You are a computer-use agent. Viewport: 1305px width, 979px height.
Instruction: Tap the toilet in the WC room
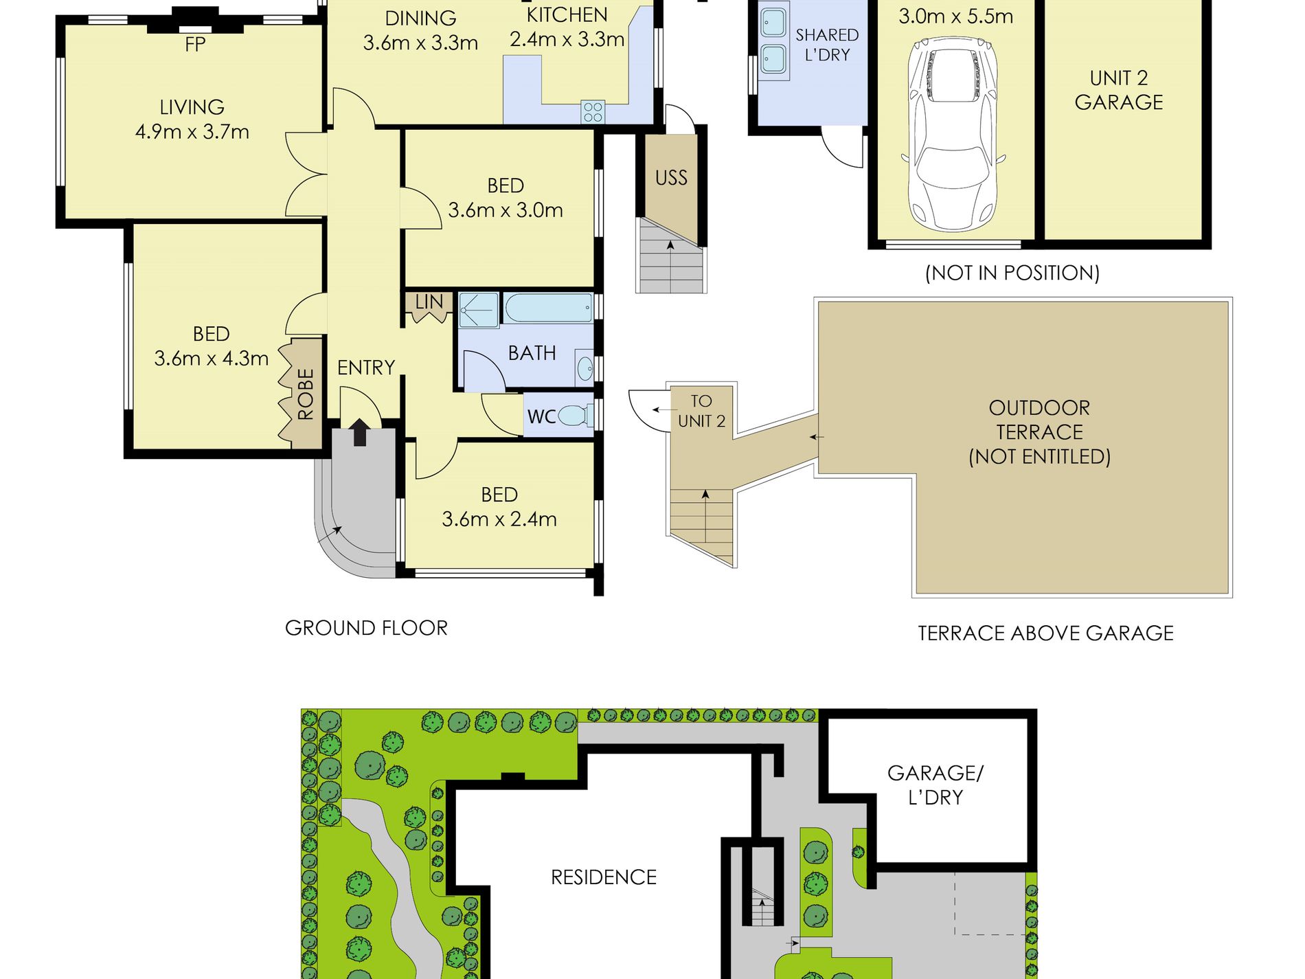coord(575,416)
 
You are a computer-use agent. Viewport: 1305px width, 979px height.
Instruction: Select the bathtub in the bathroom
coord(549,308)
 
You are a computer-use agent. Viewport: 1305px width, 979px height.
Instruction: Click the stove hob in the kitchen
coord(593,112)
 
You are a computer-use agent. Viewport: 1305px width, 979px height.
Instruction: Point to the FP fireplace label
coord(195,45)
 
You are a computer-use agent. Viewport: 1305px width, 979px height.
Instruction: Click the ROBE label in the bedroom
coord(306,394)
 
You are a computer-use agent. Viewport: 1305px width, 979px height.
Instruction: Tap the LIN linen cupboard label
coord(429,302)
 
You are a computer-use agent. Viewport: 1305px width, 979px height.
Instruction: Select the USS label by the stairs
coord(671,178)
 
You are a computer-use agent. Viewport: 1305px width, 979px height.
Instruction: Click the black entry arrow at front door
coord(359,433)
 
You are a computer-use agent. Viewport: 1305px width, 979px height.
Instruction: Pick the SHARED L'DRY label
coord(827,45)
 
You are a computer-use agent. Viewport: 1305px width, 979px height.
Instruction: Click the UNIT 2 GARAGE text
coord(1119,90)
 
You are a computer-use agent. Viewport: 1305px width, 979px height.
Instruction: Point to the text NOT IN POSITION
coord(1012,273)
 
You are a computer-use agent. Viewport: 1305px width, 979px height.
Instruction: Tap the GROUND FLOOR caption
coord(366,628)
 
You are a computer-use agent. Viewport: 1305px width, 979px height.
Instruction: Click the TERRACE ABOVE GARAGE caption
coord(1045,633)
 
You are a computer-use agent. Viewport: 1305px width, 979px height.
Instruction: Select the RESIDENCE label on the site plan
coord(604,877)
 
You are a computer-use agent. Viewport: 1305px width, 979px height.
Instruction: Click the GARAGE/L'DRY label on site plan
coord(935,785)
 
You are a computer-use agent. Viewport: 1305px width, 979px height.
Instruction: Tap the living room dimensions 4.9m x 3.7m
coord(192,131)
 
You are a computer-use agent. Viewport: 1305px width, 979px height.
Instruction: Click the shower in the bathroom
coord(479,310)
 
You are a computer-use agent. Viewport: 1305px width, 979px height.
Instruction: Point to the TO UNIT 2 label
coord(701,411)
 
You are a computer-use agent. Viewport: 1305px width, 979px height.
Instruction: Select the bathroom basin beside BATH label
coord(585,368)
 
